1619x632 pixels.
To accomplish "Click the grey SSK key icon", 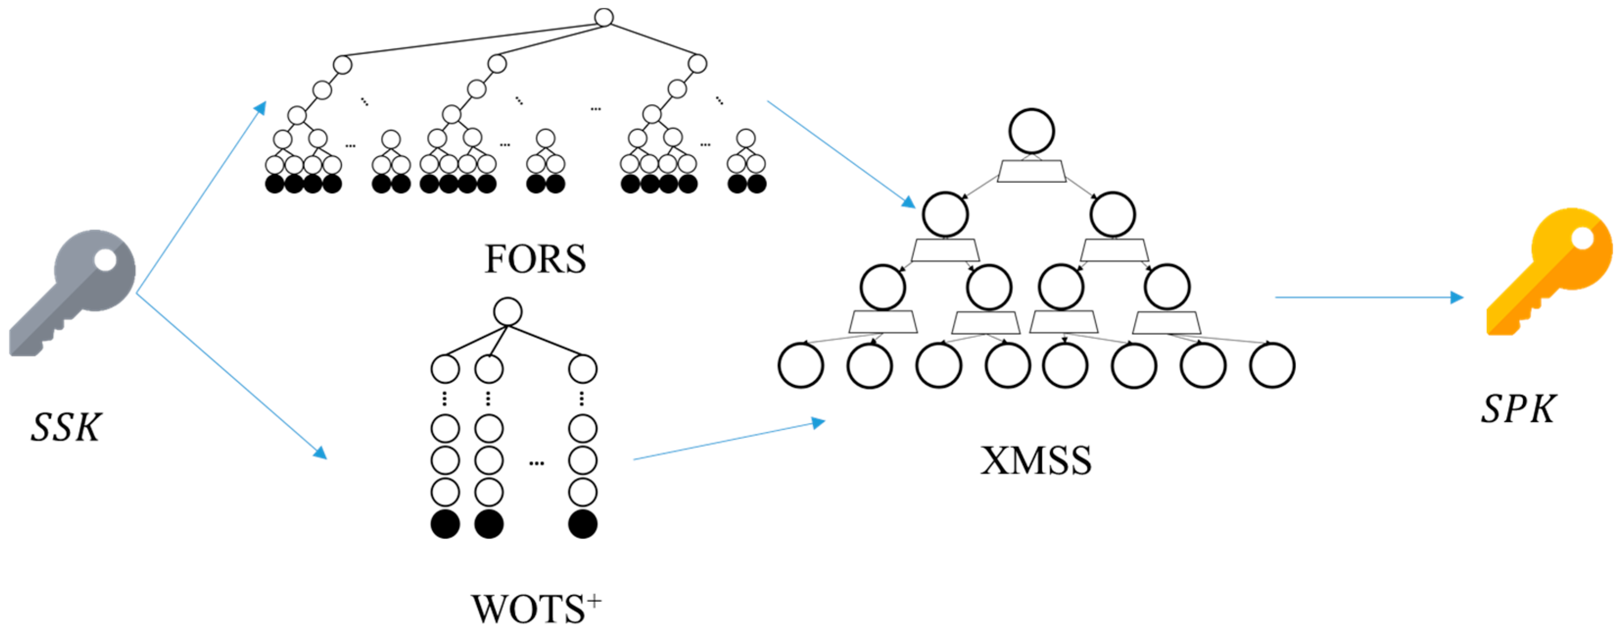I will (x=72, y=292).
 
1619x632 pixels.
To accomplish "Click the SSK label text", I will (x=66, y=428).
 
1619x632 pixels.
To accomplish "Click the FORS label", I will (x=535, y=259).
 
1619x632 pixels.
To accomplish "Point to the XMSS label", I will (x=1036, y=461).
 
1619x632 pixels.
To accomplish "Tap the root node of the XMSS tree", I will (x=1032, y=131).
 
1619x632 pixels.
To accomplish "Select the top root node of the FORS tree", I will (x=603, y=17).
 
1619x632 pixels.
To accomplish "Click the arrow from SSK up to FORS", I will (x=201, y=197).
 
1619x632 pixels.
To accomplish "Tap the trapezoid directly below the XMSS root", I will (x=1032, y=171).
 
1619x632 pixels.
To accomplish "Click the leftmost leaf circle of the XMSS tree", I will (x=801, y=366).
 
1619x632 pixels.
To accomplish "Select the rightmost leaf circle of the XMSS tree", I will (x=1272, y=366).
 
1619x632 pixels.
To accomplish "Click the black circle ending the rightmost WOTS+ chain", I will (x=583, y=524).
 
